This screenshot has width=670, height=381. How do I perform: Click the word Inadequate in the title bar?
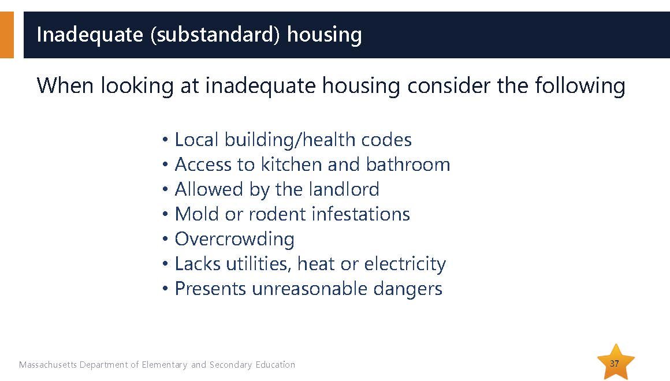(x=90, y=35)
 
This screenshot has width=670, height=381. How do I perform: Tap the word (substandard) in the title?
(x=215, y=35)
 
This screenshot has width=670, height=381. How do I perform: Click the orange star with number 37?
(x=615, y=362)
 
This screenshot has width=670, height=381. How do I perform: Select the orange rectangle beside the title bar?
(x=7, y=35)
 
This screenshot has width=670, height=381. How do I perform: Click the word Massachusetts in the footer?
(x=48, y=364)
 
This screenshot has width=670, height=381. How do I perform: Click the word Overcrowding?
(x=234, y=239)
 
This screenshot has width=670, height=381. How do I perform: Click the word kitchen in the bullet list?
(x=292, y=165)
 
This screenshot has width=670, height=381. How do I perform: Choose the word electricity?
(x=405, y=264)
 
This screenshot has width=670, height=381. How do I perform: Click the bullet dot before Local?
(x=165, y=140)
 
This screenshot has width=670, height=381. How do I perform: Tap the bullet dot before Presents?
(x=165, y=289)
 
